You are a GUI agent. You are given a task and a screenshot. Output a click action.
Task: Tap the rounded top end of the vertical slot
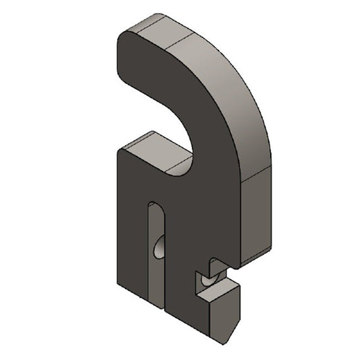155,206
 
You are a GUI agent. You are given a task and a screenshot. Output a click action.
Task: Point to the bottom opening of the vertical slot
155,297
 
